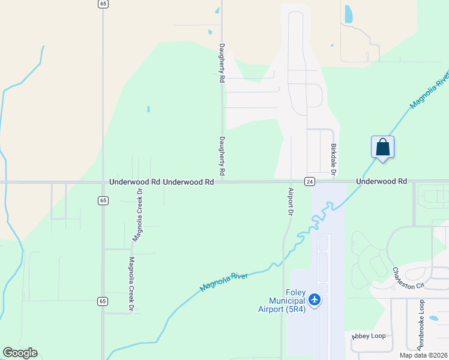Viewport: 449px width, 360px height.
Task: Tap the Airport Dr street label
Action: tap(290, 202)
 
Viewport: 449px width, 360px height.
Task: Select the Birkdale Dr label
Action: tap(334, 160)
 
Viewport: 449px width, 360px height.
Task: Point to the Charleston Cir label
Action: tap(408, 278)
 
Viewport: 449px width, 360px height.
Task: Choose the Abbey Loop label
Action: tap(369, 336)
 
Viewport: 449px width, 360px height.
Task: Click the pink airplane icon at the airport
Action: tap(315, 299)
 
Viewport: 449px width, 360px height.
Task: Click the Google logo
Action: tap(20, 353)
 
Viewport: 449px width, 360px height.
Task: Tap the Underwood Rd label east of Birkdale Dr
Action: tap(381, 181)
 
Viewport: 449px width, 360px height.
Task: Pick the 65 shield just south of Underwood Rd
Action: tap(103, 200)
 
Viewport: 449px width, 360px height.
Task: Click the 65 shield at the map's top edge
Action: tap(103, 4)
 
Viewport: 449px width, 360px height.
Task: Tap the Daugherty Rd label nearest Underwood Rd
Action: tap(221, 156)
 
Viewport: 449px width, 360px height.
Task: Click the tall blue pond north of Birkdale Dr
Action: tap(348, 14)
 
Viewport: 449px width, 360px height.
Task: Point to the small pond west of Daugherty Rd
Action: tap(148, 109)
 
